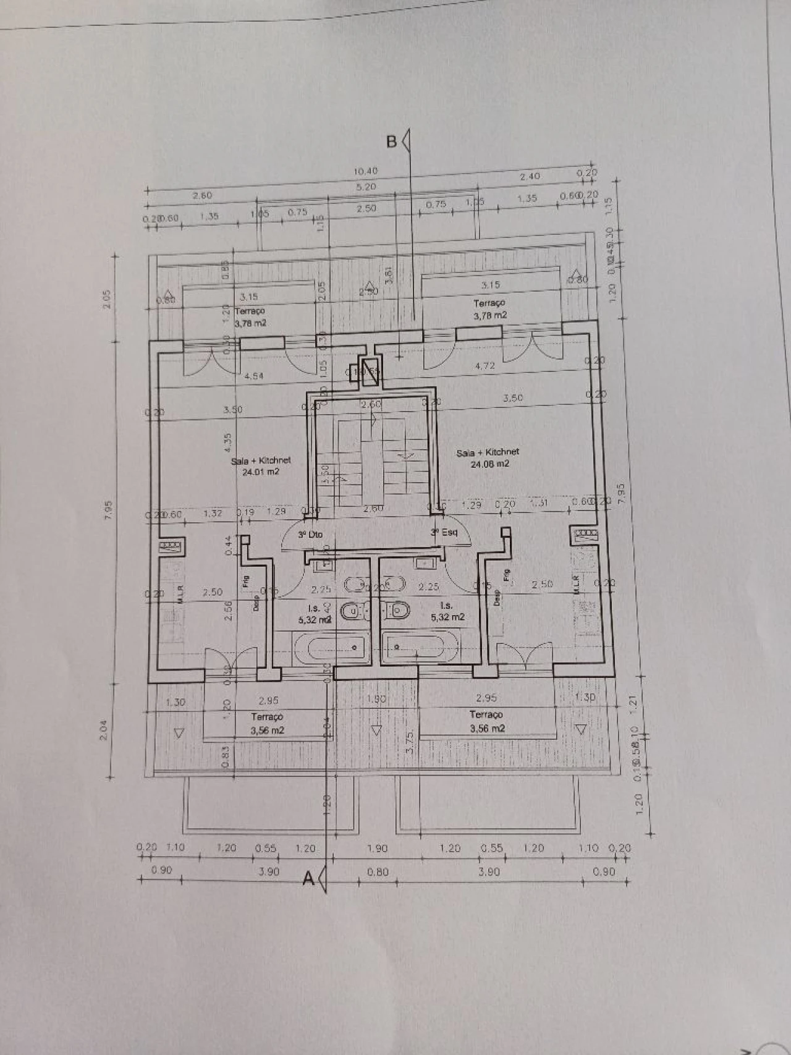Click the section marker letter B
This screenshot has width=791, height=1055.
pos(391,142)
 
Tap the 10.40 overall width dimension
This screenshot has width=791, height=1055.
pos(366,171)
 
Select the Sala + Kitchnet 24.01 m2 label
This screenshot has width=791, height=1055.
pos(261,466)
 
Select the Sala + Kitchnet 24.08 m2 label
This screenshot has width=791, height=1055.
pos(488,458)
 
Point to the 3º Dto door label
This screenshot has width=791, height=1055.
pos(310,535)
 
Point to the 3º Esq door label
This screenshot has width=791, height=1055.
pos(444,532)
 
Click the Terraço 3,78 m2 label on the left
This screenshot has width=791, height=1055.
pos(250,317)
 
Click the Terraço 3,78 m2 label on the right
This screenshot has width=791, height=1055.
pos(489,309)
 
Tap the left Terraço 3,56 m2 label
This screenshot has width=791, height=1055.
pos(267,723)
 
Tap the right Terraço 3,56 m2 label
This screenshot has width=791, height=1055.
pos(486,721)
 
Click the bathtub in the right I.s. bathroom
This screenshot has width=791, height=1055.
pos(421,647)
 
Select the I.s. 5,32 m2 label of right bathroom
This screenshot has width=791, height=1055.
pos(447,611)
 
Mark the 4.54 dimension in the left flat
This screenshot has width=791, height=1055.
pos(255,375)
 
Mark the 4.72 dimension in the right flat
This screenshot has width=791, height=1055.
pos(485,365)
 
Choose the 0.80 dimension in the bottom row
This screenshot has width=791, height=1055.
pos(378,872)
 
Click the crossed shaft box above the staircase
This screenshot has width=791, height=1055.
pos(370,371)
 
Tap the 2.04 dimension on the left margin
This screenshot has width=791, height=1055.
pos(104,733)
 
